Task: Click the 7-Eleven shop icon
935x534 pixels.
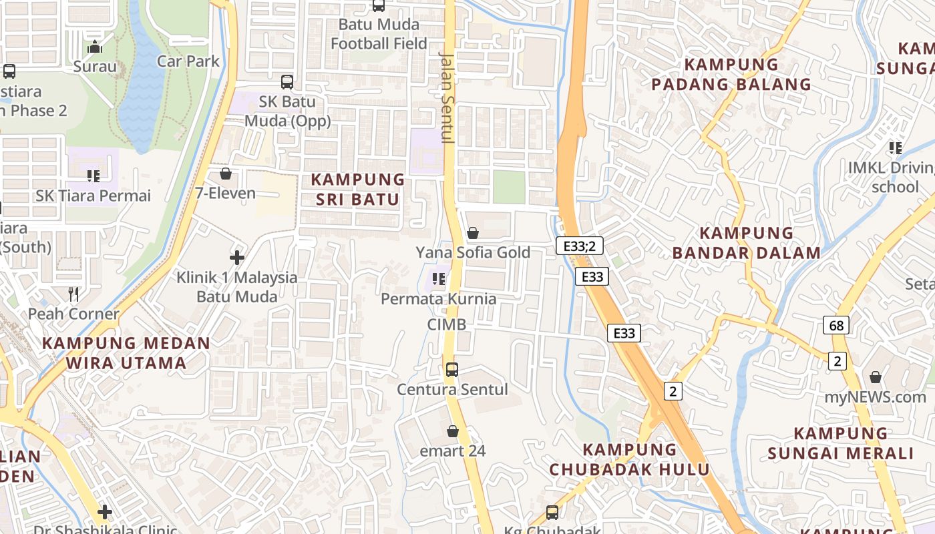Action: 226,174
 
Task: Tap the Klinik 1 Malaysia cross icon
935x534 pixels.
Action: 236,258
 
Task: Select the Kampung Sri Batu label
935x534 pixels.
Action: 358,190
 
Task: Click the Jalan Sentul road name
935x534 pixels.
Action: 446,97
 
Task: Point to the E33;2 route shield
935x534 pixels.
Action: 579,246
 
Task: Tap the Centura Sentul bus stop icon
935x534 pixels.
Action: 452,370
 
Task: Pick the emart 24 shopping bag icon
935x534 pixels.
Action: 453,431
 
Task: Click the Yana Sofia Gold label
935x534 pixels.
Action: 473,252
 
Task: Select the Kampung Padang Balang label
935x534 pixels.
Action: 731,75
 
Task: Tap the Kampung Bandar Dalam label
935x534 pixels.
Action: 746,243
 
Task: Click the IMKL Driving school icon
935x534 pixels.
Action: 895,148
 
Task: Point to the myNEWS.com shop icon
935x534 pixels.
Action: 876,378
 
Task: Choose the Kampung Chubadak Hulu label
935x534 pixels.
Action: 629,459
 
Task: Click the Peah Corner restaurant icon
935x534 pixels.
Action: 73,294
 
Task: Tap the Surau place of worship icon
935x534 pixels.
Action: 95,47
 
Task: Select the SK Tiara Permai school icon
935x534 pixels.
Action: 93,176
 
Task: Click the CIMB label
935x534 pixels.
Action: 447,324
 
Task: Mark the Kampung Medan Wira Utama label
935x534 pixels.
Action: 126,354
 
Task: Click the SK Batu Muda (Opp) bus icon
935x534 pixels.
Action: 287,82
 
